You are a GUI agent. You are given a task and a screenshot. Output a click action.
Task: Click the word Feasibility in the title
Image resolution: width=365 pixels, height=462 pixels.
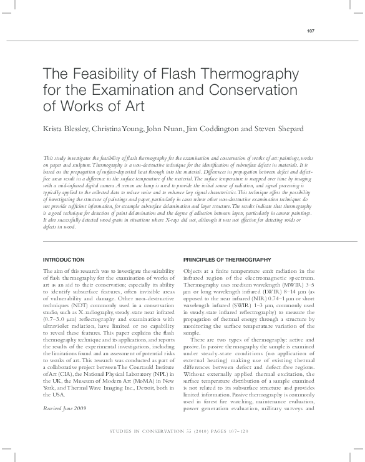(x=104, y=74)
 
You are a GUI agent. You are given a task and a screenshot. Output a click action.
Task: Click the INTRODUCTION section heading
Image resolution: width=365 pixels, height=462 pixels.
(x=63, y=259)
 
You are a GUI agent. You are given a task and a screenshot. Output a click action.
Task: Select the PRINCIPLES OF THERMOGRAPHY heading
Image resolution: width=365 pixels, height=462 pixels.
(x=227, y=259)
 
